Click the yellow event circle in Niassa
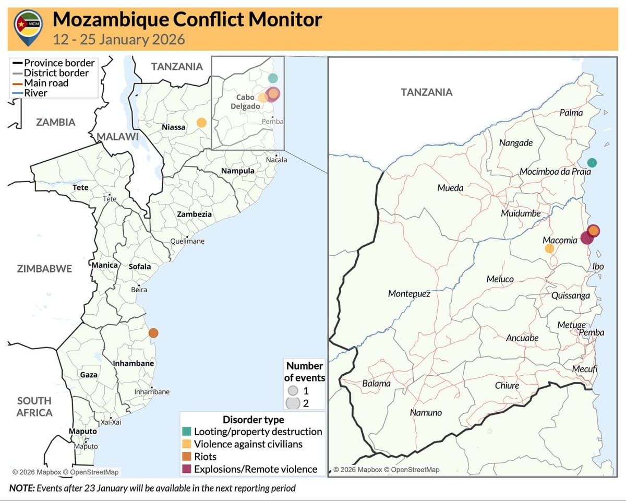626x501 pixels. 201,123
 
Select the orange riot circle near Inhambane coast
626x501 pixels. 153,333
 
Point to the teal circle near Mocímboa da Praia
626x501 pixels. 591,162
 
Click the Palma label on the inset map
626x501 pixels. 571,113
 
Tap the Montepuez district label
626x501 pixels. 409,294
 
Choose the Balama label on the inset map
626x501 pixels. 376,384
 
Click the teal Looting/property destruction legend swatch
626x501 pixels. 187,432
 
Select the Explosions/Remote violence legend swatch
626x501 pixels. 187,469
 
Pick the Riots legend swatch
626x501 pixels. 187,457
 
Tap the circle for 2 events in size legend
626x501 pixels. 293,403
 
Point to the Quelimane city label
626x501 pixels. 187,242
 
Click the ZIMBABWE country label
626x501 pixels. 44,269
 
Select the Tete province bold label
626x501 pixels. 81,187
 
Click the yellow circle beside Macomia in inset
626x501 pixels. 549,248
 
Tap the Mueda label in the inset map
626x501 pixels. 450,188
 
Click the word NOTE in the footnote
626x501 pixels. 21,488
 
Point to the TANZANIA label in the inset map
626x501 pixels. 426,92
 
